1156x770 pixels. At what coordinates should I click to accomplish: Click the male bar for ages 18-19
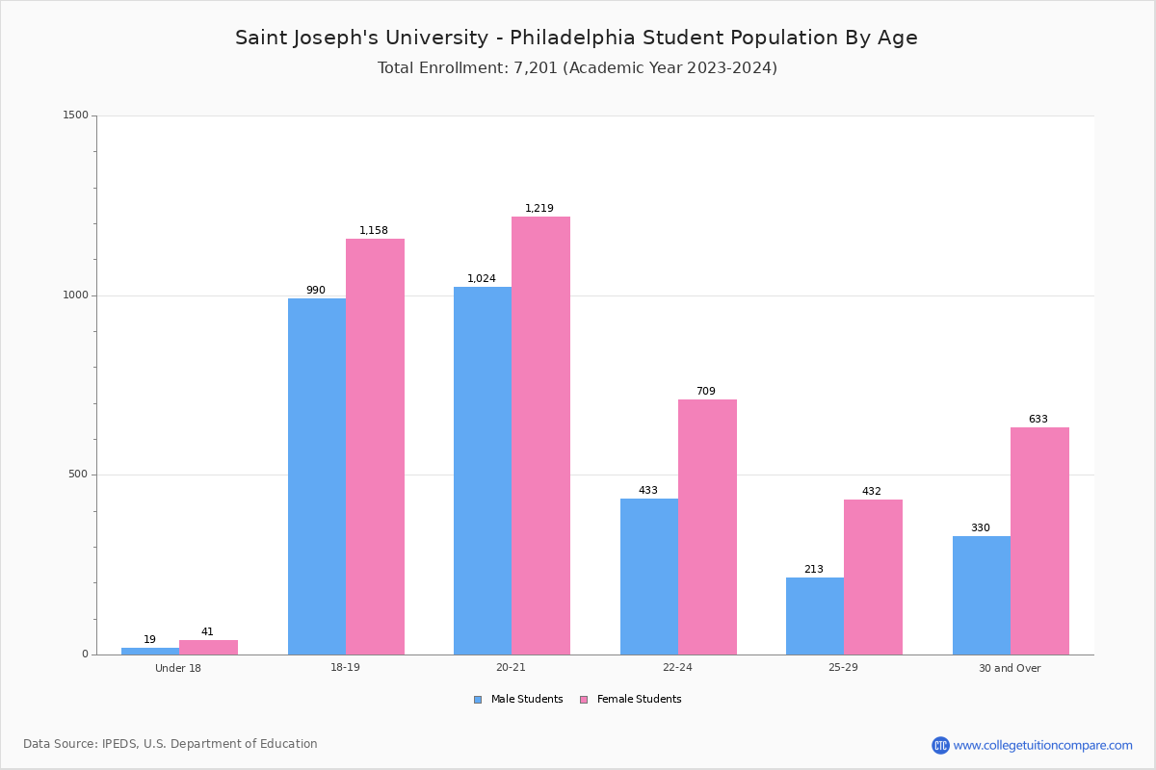coord(317,476)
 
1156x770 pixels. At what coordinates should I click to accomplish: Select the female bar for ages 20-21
coord(540,435)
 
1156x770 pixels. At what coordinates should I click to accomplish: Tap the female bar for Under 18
coord(208,647)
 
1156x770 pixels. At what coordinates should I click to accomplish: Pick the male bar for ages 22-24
coord(649,577)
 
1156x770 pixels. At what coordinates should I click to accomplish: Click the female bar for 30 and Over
coord(1039,541)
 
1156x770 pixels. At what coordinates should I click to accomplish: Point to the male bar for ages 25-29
coord(815,616)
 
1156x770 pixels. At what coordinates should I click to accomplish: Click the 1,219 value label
coord(539,209)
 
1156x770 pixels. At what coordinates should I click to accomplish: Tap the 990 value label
coord(316,291)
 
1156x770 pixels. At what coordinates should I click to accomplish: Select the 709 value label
coord(706,392)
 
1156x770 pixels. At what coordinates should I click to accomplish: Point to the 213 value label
coord(814,570)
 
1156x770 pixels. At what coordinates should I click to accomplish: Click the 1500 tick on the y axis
coord(76,115)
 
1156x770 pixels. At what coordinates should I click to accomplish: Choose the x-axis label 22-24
coord(677,668)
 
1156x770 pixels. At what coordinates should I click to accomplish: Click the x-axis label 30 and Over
coord(1010,668)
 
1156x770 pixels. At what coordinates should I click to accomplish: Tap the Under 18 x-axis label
coord(178,668)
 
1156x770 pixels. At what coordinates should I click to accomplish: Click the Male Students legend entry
coord(526,700)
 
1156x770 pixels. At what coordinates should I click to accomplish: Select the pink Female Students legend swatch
coord(584,700)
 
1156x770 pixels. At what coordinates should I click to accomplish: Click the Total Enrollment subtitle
coord(577,68)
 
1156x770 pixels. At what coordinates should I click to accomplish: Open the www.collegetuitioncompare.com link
coord(1042,745)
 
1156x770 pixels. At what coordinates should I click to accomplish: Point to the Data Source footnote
coord(171,744)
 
